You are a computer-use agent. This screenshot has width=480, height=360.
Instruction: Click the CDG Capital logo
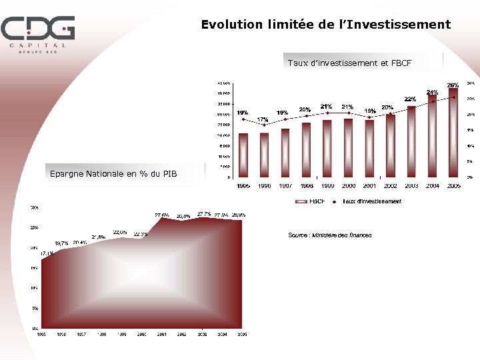pos(37,33)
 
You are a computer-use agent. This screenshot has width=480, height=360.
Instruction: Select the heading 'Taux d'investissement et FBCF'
pos(349,63)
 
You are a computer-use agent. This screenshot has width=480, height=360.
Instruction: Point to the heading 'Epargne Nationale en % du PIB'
pos(114,174)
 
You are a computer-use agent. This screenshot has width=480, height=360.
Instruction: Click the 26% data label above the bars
pos(453,85)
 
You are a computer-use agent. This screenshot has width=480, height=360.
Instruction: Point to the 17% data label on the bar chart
pos(263,119)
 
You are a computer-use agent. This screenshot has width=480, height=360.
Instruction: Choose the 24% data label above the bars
pos(432,92)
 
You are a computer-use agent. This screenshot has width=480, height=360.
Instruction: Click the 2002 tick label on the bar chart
pos(391,185)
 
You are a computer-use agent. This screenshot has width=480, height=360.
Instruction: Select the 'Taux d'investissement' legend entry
pos(371,201)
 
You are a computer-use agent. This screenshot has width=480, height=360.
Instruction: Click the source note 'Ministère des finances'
pos(330,235)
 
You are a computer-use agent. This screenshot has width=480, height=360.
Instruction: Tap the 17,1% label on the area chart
pos(47,253)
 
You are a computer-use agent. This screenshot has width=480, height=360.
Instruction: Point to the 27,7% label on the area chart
pos(204,214)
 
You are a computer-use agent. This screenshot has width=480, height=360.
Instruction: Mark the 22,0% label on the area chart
pos(120,231)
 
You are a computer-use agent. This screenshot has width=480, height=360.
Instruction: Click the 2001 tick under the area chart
pos(161,334)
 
